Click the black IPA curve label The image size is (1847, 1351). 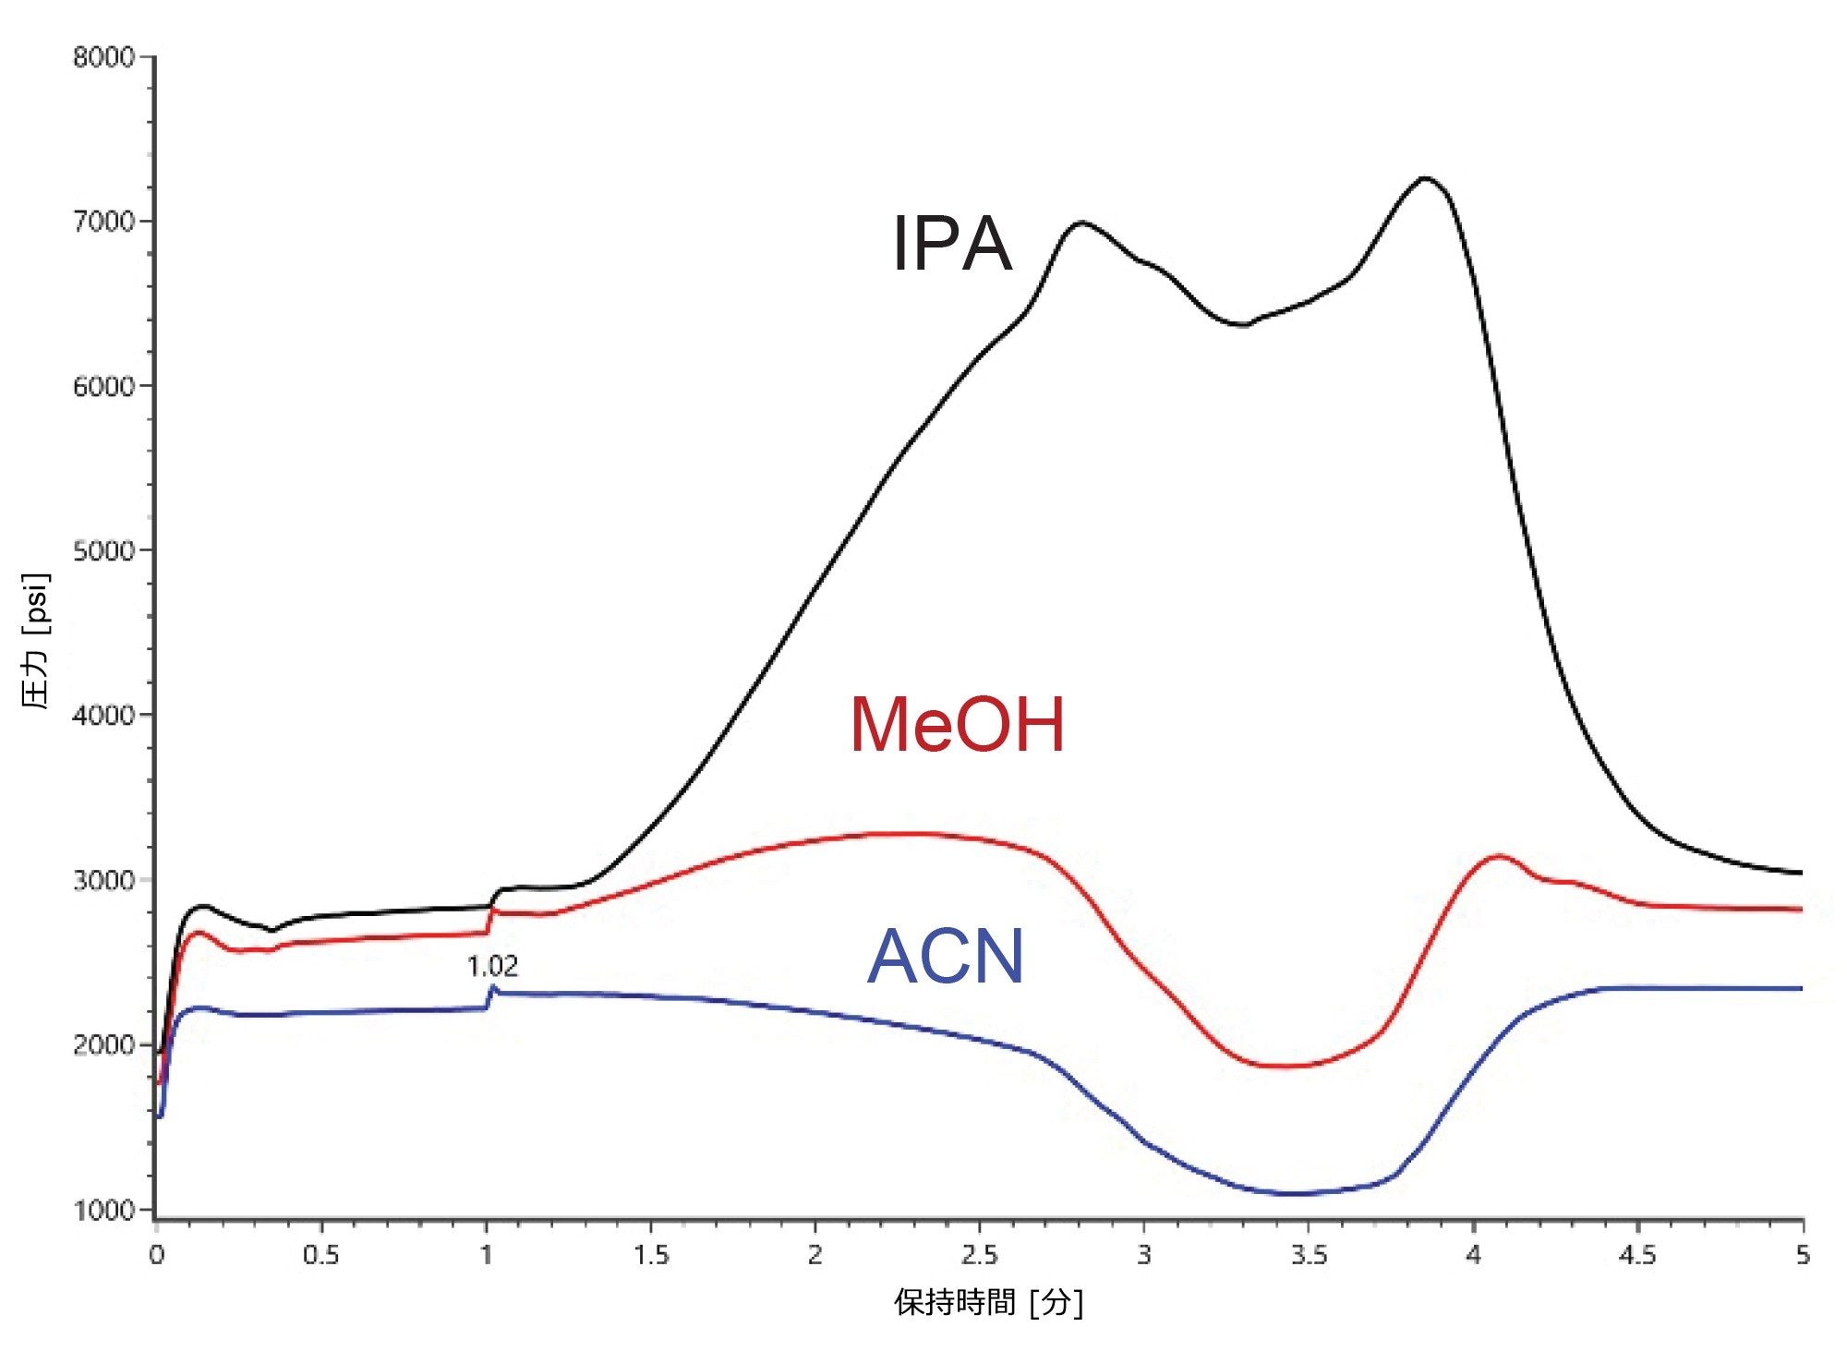952,243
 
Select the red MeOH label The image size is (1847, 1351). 958,725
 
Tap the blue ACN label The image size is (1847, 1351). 946,957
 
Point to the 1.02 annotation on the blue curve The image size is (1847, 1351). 492,967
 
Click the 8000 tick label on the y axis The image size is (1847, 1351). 103,57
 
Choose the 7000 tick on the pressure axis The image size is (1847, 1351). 103,222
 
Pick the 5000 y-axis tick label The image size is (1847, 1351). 103,550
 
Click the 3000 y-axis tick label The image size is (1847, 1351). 103,880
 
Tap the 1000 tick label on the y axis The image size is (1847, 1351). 103,1210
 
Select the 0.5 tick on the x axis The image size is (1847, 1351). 320,1256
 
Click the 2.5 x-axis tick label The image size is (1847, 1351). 979,1256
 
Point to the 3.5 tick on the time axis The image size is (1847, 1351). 1309,1256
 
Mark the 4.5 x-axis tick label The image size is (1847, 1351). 1637,1256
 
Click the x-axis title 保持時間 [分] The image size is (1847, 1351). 988,1303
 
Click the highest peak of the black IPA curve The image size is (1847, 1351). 1425,177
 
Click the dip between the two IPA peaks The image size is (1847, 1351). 1243,325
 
